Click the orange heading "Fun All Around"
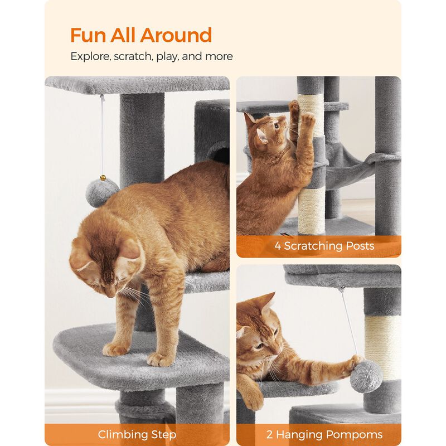[x=141, y=35]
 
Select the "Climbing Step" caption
[x=137, y=434]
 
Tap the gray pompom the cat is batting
[x=366, y=375]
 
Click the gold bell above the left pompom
[x=103, y=178]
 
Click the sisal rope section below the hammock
[x=310, y=209]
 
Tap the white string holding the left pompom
[x=101, y=134]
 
